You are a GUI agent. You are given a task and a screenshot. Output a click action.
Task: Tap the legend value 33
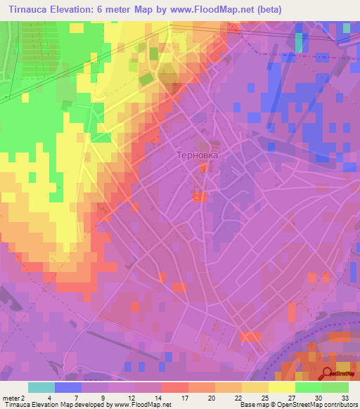point(345,396)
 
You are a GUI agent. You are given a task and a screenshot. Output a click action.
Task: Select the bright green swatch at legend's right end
point(335,387)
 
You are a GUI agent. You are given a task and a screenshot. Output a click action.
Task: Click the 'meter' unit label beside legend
point(11,396)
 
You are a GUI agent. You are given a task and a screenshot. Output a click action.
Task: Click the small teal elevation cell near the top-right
point(300,42)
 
